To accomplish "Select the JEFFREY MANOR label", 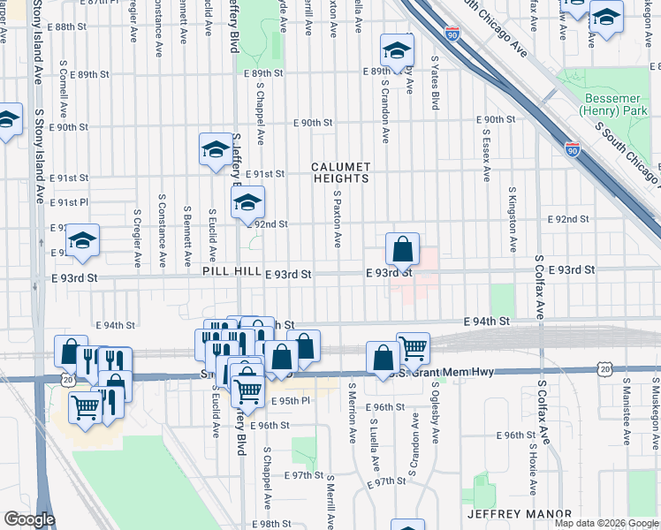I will [x=519, y=514].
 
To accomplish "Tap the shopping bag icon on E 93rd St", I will [x=402, y=251].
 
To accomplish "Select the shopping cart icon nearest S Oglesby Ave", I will [x=413, y=348].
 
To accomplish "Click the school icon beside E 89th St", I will [x=397, y=50].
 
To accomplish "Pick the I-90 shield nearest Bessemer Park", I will [x=573, y=149].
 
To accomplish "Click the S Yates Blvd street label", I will [x=435, y=84].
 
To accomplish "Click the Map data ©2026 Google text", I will [x=605, y=524].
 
